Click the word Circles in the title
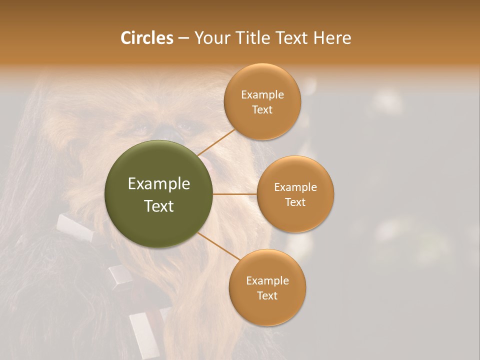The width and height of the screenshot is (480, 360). [x=146, y=38]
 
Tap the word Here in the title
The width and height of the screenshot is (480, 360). [x=332, y=38]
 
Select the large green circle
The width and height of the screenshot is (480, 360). [x=159, y=194]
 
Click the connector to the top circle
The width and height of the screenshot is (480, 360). [x=216, y=142]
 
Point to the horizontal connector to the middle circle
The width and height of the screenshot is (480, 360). [x=234, y=194]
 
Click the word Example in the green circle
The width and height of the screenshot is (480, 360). [x=159, y=184]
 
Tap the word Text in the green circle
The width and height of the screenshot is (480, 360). [x=159, y=206]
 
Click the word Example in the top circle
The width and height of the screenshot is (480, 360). [x=262, y=95]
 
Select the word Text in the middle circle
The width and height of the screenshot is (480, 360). [x=295, y=202]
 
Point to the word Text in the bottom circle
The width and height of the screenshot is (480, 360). [x=267, y=296]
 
